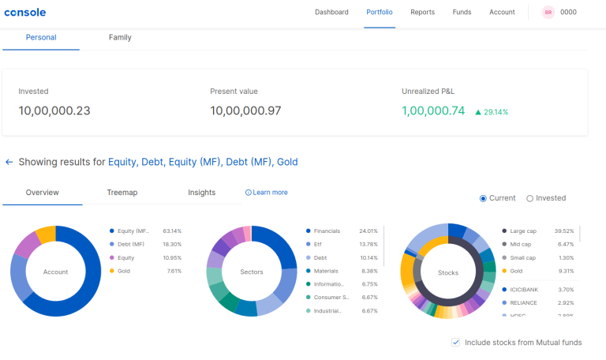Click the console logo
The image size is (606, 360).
tap(24, 13)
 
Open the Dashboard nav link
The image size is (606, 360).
tap(331, 13)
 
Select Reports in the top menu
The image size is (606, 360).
tap(422, 13)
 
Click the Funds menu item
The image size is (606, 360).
tap(462, 13)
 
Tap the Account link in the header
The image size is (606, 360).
tap(502, 13)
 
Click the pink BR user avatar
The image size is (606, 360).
tap(548, 13)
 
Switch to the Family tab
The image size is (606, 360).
tap(120, 38)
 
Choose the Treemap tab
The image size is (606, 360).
tap(122, 193)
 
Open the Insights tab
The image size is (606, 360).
tap(202, 193)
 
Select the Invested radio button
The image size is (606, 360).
tap(530, 198)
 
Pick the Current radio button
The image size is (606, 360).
tap(484, 198)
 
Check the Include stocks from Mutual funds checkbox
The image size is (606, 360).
tap(456, 343)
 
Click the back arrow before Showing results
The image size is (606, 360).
tap(9, 162)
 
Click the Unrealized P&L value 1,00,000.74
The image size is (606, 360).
tap(433, 111)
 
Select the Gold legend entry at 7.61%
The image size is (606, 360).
tap(124, 271)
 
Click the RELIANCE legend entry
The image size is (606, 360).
tap(524, 302)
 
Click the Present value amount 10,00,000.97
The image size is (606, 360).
tap(245, 111)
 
